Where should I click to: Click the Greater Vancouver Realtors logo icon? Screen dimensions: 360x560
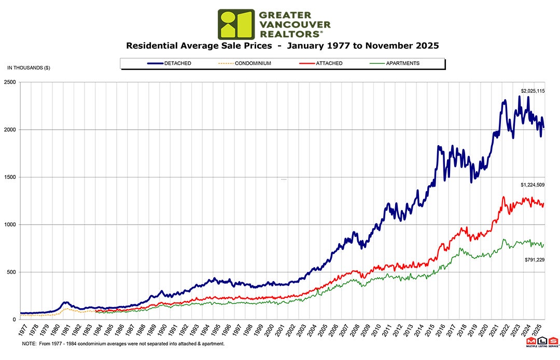236,24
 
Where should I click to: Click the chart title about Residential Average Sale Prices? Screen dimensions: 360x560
283,46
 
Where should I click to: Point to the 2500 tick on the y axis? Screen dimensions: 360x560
10,82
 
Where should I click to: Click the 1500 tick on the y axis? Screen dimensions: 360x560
10,177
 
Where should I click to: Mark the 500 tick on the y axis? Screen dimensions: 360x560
11,272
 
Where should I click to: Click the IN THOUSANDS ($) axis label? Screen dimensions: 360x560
29,68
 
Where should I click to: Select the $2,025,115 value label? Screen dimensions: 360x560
533,91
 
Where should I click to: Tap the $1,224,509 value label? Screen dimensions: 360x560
533,185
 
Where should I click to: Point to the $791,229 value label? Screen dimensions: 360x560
534,258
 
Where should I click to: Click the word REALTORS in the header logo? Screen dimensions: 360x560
288,33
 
